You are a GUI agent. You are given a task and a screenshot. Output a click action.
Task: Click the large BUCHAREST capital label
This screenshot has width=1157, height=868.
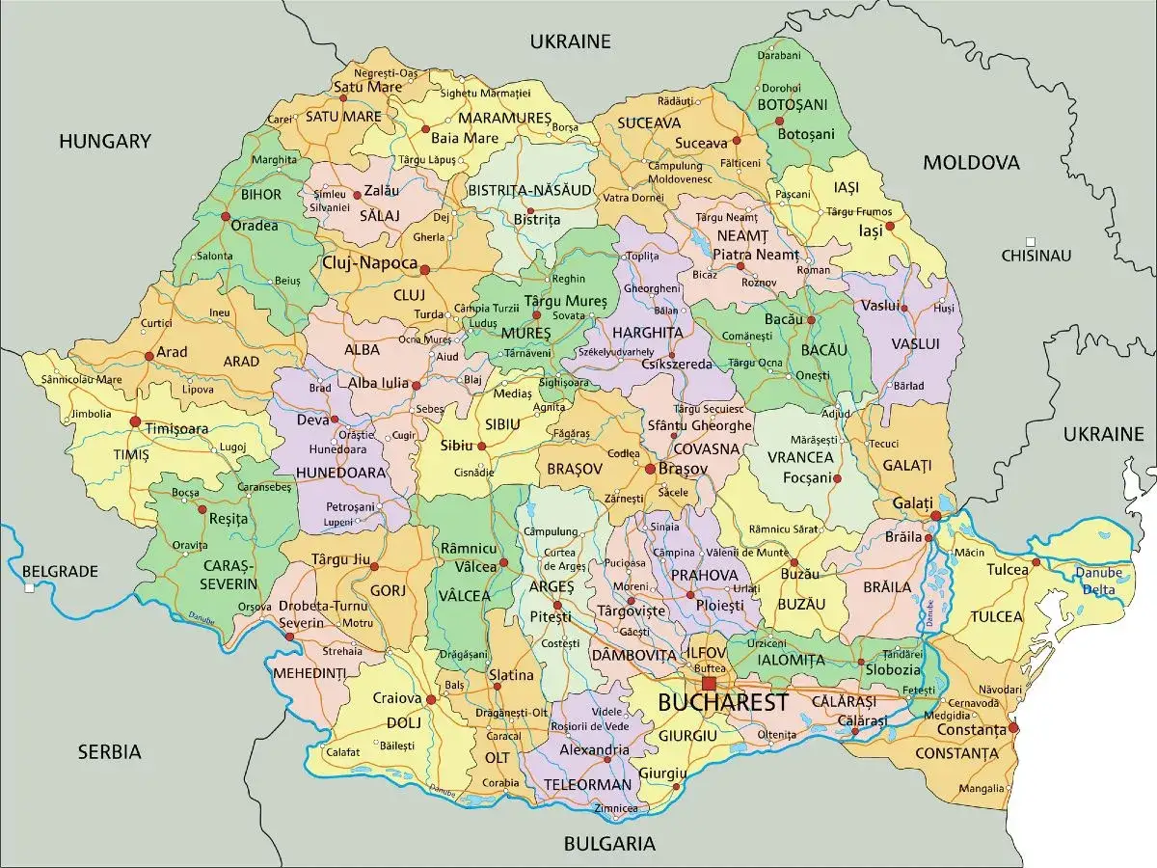tap(722, 702)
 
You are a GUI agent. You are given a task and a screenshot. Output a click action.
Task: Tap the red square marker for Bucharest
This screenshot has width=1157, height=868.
tap(710, 684)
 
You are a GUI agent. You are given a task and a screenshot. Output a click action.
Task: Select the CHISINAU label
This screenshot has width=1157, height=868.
tap(1036, 256)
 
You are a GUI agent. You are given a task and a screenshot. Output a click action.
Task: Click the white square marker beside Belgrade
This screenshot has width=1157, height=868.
tap(30, 587)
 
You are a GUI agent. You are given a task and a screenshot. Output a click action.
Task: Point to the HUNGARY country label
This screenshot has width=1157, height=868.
tap(105, 142)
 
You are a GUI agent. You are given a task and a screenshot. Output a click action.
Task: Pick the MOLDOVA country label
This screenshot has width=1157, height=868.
tap(971, 162)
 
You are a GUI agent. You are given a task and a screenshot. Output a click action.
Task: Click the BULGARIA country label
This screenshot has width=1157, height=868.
tap(609, 844)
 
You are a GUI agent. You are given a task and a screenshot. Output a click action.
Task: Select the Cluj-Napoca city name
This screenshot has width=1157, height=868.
tap(370, 263)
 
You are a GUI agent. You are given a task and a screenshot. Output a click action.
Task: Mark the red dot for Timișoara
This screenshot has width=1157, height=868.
tap(135, 421)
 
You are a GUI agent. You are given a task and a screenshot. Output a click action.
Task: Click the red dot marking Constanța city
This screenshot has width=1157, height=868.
tap(1013, 728)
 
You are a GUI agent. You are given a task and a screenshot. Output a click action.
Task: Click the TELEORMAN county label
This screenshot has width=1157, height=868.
tap(587, 784)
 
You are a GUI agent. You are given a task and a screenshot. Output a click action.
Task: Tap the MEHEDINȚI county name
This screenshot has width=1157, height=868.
tap(309, 672)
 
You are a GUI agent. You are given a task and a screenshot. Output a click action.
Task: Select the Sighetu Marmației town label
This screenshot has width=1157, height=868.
tap(485, 93)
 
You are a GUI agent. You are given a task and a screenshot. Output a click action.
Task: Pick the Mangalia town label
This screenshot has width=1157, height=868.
tap(982, 788)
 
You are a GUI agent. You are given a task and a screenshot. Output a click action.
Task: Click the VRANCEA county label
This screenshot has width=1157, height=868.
tap(800, 456)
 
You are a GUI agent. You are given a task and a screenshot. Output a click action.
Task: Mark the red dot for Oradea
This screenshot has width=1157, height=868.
tap(225, 217)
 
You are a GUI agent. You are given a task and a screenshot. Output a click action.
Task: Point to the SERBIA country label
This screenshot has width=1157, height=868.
tap(110, 751)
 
